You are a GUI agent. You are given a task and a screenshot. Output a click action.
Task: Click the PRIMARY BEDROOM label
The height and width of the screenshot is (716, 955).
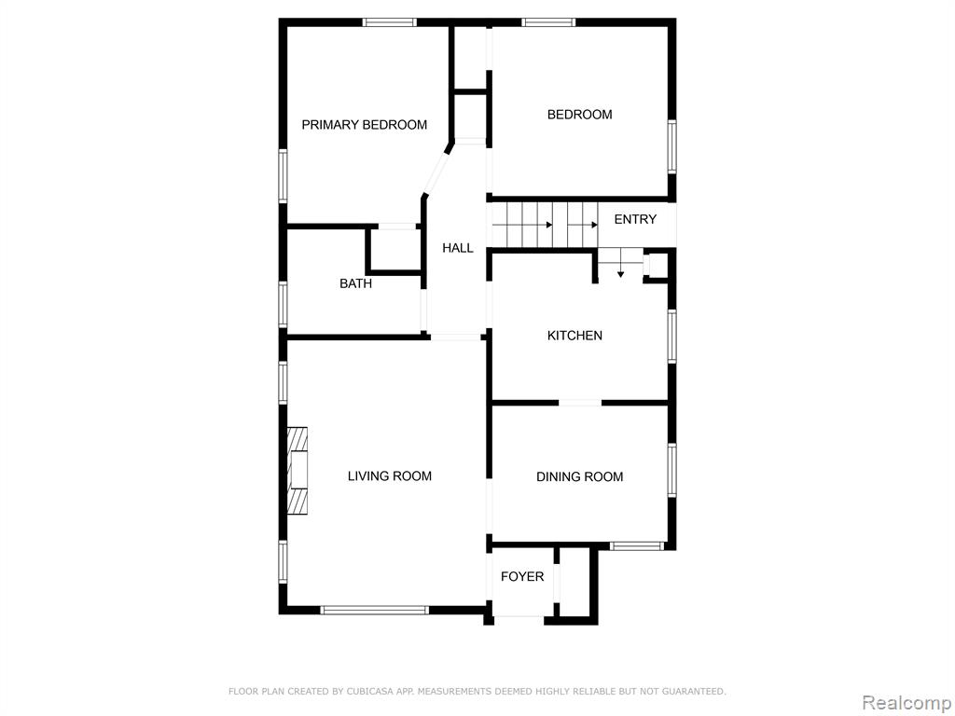[365, 125]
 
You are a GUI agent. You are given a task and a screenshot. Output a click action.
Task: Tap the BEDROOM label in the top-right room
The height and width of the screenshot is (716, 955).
[579, 115]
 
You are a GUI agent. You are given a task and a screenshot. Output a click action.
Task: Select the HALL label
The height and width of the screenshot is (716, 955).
[457, 248]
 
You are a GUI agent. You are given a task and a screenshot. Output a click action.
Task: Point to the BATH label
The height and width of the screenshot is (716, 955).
[355, 283]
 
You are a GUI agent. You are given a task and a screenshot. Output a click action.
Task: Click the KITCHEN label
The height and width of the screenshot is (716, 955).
[574, 336]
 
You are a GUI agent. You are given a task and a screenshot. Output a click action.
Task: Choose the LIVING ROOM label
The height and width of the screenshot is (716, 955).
[390, 476]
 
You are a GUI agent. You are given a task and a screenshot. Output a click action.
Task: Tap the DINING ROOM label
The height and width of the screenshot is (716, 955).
[579, 476]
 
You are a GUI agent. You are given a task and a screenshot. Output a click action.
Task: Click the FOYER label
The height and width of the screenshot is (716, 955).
[522, 576]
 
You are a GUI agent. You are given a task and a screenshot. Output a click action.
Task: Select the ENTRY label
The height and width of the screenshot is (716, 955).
[635, 219]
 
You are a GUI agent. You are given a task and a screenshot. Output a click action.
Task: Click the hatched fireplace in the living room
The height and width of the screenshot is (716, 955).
[298, 471]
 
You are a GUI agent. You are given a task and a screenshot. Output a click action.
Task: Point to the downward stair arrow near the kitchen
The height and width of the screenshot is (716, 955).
[620, 269]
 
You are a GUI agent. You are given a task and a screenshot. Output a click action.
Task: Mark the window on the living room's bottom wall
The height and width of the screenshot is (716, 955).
[375, 610]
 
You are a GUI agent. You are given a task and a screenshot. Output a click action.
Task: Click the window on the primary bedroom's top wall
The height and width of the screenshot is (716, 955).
[390, 22]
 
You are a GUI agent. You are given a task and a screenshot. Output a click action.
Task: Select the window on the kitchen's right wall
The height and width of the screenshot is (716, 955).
[671, 337]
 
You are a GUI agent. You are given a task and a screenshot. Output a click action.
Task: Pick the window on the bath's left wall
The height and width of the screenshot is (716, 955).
[284, 305]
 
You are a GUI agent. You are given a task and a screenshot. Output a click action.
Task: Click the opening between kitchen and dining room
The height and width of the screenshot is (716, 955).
[580, 403]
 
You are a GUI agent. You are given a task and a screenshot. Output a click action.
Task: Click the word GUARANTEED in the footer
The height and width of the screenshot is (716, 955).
[694, 691]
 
